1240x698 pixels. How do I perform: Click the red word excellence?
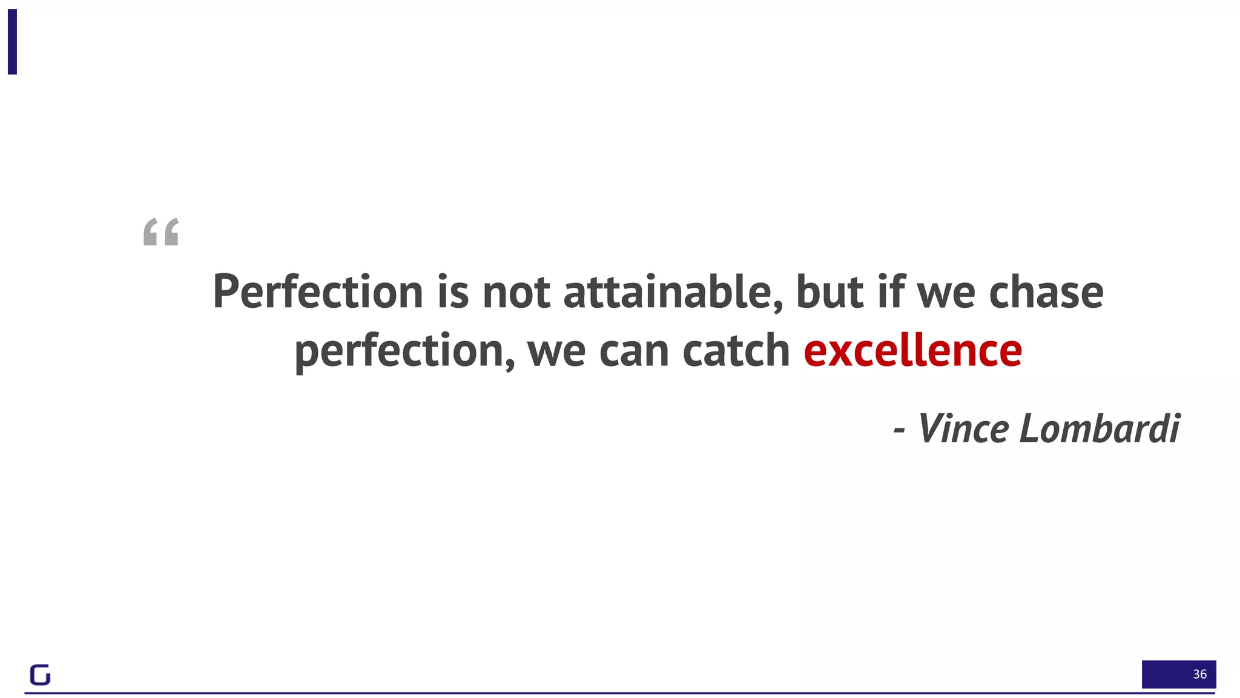click(x=912, y=351)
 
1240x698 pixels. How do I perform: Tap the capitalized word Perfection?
click(x=318, y=293)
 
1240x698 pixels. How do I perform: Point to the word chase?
click(x=1046, y=293)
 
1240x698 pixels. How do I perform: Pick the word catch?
click(x=736, y=351)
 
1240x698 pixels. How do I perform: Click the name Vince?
click(x=963, y=429)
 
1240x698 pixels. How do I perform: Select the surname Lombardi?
click(x=1100, y=429)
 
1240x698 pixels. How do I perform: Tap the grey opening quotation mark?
click(x=161, y=232)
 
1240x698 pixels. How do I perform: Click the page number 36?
click(x=1199, y=674)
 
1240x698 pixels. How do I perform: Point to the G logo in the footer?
click(x=40, y=674)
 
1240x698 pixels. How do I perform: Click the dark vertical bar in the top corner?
click(x=12, y=42)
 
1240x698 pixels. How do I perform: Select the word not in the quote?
click(x=516, y=293)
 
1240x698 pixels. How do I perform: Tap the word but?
click(x=829, y=293)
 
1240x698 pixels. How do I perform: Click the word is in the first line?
click(x=453, y=293)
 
